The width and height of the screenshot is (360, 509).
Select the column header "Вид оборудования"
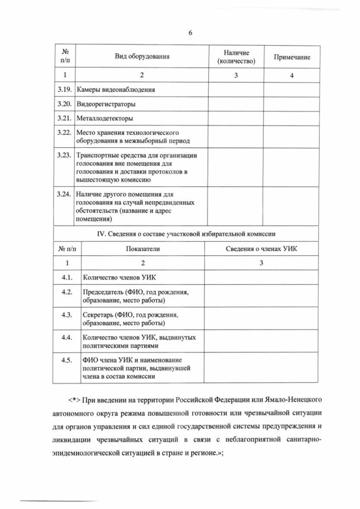(142, 56)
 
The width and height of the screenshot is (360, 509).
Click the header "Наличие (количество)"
(236, 56)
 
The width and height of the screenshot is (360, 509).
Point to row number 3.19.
(64, 89)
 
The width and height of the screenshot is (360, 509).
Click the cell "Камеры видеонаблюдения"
(115, 90)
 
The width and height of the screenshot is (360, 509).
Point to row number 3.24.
(64, 193)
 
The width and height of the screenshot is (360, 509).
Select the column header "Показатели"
(142, 248)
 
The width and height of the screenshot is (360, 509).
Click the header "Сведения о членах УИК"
(261, 248)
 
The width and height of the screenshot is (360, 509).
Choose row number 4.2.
(67, 292)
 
